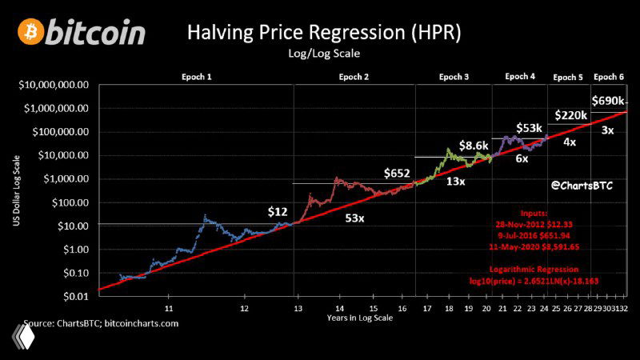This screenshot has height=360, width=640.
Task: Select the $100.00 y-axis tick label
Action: click(x=66, y=202)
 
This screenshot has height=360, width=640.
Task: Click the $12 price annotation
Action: click(x=277, y=212)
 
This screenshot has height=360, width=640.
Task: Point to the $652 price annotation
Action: click(x=398, y=173)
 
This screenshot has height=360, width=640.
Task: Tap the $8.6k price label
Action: click(x=473, y=145)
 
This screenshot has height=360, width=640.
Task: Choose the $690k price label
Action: click(x=610, y=102)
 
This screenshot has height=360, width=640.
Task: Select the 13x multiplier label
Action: click(x=457, y=182)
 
